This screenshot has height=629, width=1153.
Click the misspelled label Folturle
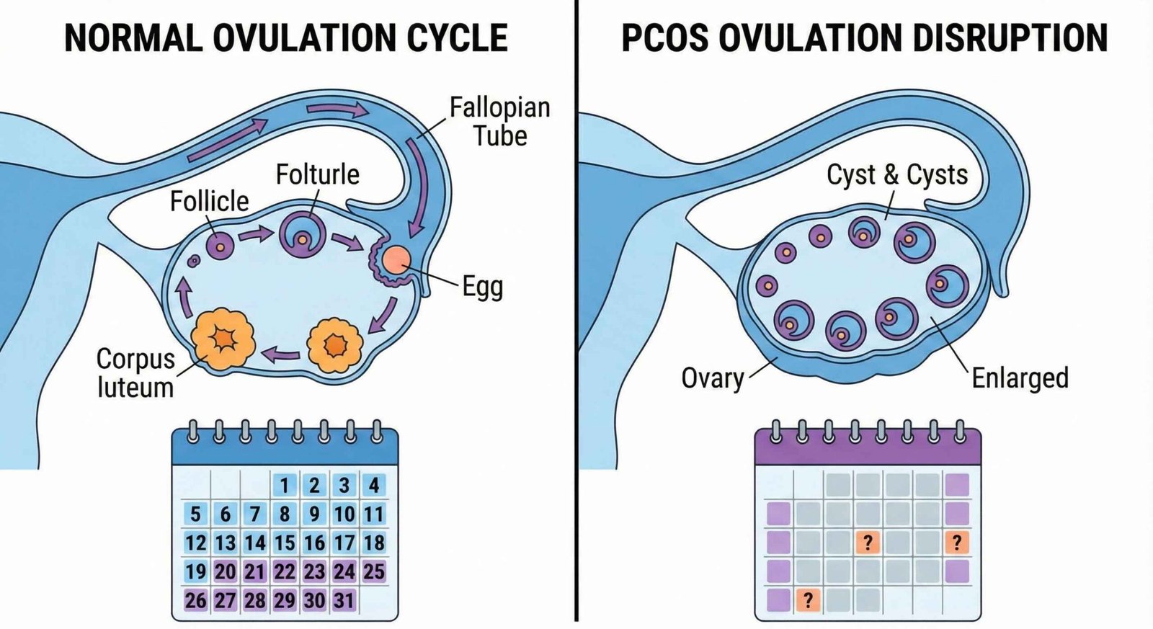(x=317, y=174)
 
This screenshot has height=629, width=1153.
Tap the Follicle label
(x=209, y=201)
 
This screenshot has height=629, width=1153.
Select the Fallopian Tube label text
(x=499, y=121)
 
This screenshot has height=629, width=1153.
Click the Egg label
(x=482, y=287)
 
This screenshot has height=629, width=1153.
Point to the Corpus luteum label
(x=135, y=373)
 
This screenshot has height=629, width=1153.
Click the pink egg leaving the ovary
(x=396, y=259)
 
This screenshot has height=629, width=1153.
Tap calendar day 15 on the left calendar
(x=285, y=543)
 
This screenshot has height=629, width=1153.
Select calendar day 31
(x=344, y=600)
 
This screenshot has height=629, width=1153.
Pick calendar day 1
(x=285, y=485)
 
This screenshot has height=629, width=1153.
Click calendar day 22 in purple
(x=285, y=571)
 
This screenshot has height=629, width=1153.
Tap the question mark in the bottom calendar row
(x=808, y=599)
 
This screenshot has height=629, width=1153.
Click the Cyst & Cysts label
(x=896, y=174)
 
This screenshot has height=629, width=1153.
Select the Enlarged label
(x=1019, y=378)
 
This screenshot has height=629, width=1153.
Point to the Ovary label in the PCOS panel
(x=712, y=378)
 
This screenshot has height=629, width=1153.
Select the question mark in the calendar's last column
(x=956, y=542)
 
